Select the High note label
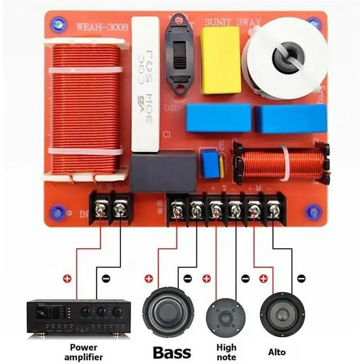(x=226, y=352)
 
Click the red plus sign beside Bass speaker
(x=148, y=278)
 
